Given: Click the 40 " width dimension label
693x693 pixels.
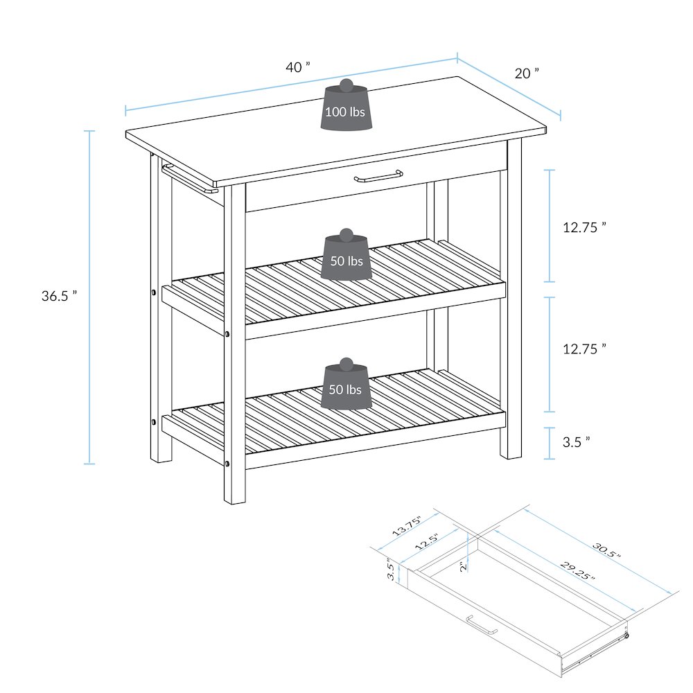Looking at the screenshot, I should (x=298, y=67).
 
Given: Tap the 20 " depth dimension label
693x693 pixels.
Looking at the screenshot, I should (x=526, y=73).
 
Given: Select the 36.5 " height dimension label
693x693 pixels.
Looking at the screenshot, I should (x=59, y=296).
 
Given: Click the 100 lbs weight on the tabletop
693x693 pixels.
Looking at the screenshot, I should (x=346, y=111).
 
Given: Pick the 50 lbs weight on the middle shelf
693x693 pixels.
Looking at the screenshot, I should (x=346, y=261).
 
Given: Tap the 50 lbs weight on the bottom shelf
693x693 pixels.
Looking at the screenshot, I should (x=345, y=389).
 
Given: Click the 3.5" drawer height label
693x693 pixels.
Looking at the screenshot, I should (x=392, y=570).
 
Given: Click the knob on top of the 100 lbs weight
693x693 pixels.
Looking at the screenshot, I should (x=346, y=86).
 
